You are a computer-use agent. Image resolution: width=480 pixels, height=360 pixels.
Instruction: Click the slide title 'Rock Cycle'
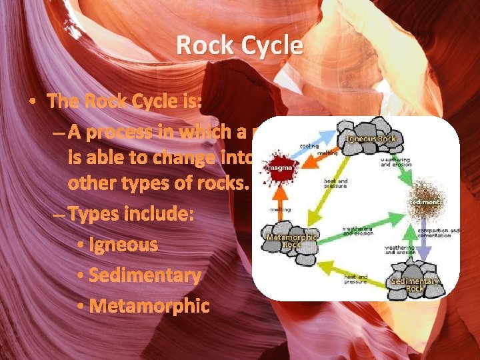[239, 46]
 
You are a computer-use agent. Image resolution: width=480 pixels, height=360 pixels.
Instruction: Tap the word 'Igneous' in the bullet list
[126, 245]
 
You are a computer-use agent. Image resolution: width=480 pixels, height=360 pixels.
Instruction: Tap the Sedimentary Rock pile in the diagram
[415, 277]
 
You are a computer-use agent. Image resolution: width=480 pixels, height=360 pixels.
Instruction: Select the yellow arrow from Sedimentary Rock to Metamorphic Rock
[353, 270]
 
